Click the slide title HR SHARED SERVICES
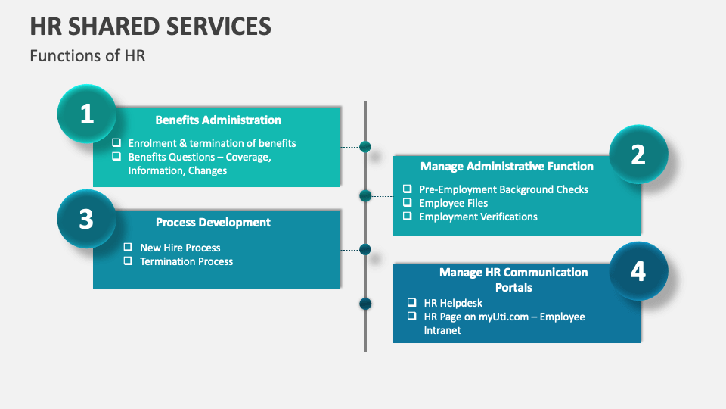point(150,27)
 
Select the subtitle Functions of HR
point(87,56)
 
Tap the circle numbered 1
point(87,114)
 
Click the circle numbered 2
point(638,155)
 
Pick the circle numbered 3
point(87,219)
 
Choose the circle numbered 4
point(638,271)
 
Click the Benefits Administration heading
point(218,120)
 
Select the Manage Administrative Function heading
point(507,166)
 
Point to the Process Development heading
point(213,222)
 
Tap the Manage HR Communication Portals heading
point(513,279)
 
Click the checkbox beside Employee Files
point(407,203)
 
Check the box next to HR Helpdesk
point(411,303)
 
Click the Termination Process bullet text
point(186,261)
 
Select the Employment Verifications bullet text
point(478,217)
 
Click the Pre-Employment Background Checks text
point(503,189)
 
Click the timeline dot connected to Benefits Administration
point(365,146)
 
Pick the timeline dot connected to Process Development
point(365,249)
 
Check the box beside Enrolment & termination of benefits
point(116,142)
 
